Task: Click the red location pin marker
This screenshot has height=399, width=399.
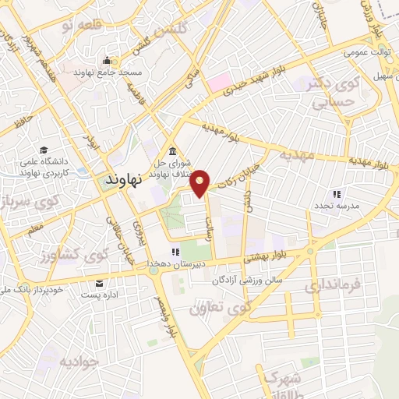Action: pyautogui.click(x=201, y=182)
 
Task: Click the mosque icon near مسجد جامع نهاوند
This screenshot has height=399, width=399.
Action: pyautogui.click(x=107, y=60)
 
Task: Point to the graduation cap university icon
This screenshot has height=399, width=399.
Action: pyautogui.click(x=44, y=150)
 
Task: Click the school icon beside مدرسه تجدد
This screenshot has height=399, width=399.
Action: pyautogui.click(x=337, y=193)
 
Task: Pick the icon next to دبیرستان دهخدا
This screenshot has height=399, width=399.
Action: pyautogui.click(x=175, y=252)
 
